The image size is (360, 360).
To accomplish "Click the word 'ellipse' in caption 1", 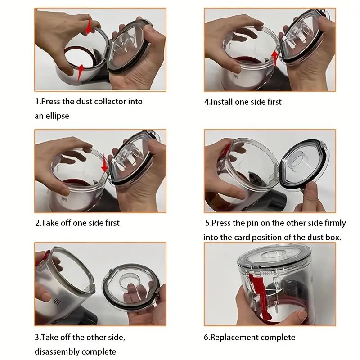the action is [x=57, y=116].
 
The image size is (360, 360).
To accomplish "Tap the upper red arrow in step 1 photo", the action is [x=89, y=27].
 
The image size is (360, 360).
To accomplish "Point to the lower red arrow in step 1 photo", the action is [x=81, y=72].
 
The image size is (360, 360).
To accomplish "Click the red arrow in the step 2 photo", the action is [x=104, y=164].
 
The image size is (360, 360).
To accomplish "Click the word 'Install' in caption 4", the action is [x=221, y=102].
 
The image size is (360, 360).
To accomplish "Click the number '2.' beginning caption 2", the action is [x=38, y=223].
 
